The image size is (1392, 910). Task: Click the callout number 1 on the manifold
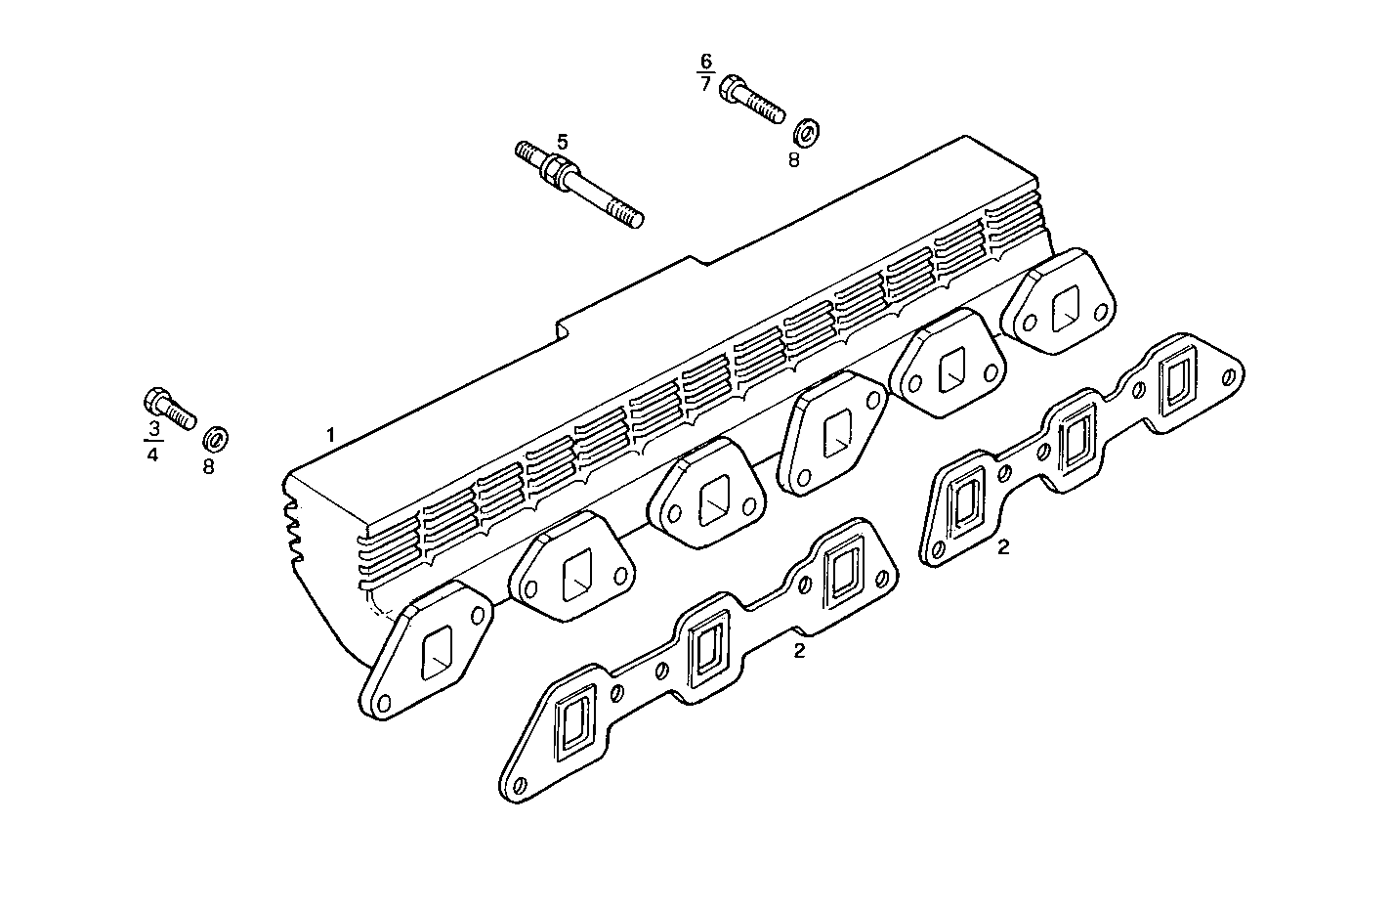click(x=331, y=434)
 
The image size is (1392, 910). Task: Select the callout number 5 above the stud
click(x=562, y=140)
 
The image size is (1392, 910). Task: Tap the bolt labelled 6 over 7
click(x=751, y=101)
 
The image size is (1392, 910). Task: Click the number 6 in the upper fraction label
click(x=705, y=61)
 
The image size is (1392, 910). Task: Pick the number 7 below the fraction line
click(x=705, y=83)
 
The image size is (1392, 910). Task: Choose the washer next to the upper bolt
click(x=807, y=131)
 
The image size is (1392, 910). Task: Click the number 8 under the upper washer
click(x=793, y=159)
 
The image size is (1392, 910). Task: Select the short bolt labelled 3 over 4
click(x=169, y=408)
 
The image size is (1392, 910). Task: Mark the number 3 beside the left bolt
click(x=153, y=429)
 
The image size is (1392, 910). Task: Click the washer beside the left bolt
click(x=216, y=437)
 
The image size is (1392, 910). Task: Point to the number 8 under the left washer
click(x=208, y=466)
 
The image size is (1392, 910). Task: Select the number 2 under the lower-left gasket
click(x=799, y=650)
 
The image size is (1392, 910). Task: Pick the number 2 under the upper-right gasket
click(x=1003, y=547)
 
